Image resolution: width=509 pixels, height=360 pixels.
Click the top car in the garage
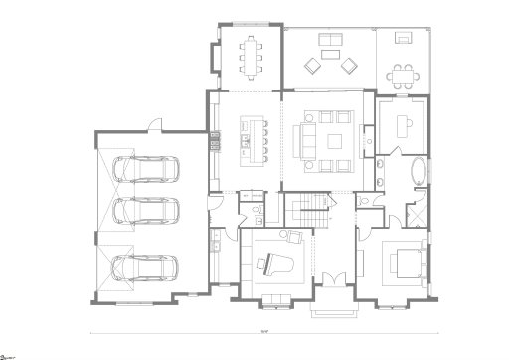(x=146, y=169)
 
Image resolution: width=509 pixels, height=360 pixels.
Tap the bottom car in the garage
(x=146, y=269)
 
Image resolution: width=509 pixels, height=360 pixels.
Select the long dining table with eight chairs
(x=250, y=55)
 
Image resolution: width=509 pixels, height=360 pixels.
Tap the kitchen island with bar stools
(x=254, y=139)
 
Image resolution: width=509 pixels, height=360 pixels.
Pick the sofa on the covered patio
(x=329, y=41)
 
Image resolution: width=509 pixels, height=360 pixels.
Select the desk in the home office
(x=406, y=124)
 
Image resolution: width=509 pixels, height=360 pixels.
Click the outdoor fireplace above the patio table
(x=406, y=38)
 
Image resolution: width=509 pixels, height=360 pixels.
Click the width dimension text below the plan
(x=261, y=331)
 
